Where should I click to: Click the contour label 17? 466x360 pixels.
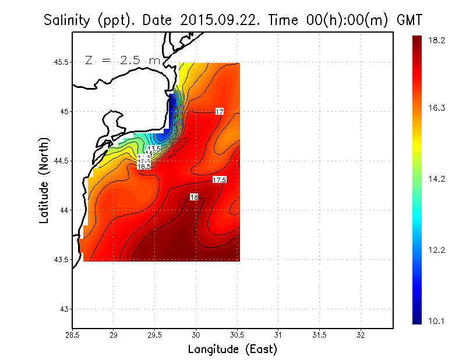[x=220, y=111]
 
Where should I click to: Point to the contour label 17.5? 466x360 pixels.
[x=219, y=180]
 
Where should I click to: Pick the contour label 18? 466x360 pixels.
[x=194, y=197]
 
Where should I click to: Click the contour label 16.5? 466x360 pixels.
[x=144, y=167]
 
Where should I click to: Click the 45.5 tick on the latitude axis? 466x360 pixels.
[x=61, y=62]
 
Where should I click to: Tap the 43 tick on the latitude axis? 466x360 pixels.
[x=64, y=309]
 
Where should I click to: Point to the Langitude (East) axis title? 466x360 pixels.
[x=232, y=350]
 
